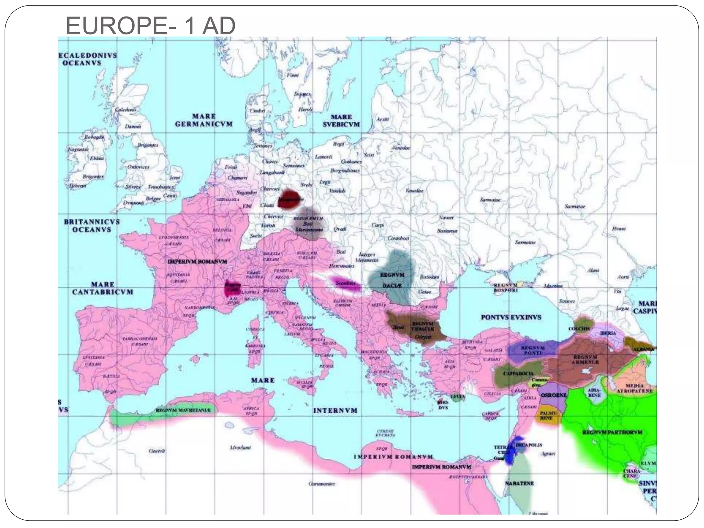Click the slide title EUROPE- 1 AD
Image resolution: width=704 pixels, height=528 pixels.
[150, 26]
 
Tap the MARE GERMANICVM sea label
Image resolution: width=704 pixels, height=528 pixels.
[204, 120]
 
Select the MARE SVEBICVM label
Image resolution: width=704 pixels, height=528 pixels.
[341, 121]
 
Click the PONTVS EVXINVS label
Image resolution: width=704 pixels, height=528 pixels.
[511, 317]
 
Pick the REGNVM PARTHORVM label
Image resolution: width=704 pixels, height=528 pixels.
[612, 432]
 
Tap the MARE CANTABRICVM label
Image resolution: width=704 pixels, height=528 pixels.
[102, 288]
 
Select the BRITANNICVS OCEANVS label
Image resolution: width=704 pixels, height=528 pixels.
[92, 225]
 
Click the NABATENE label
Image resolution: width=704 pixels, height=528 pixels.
[519, 483]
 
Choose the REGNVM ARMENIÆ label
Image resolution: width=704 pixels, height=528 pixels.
[585, 360]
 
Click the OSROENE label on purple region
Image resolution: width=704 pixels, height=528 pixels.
[553, 395]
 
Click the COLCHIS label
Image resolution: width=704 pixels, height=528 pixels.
[579, 329]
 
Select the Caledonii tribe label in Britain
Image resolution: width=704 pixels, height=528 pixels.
[125, 110]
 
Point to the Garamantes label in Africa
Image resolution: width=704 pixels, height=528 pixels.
[322, 484]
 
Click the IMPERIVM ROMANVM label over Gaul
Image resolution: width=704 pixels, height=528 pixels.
[197, 262]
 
